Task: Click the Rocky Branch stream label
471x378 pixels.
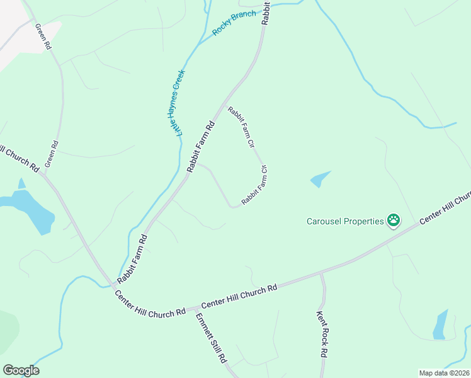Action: [234, 23]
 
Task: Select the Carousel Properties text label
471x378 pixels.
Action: [345, 221]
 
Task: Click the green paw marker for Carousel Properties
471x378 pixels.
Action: [394, 220]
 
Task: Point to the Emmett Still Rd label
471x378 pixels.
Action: [211, 338]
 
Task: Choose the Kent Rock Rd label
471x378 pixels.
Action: [322, 334]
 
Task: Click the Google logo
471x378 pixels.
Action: [21, 370]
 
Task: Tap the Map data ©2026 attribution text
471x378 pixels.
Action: [444, 373]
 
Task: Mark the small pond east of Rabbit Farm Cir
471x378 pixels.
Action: [320, 180]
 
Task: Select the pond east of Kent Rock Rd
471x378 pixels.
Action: [440, 325]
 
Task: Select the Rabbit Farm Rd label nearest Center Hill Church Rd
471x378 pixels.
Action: [132, 259]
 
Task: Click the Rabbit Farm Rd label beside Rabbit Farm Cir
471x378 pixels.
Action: [201, 147]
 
